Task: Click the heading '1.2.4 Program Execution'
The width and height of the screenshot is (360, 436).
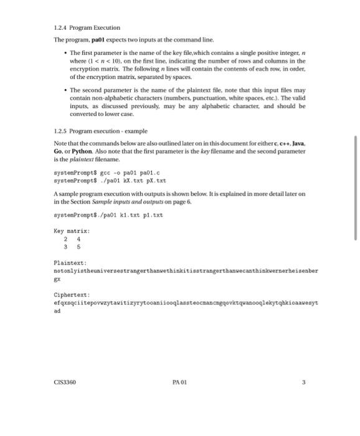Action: coord(87,27)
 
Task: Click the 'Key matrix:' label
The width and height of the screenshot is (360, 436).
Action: coord(72,231)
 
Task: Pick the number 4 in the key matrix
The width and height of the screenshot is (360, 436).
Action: coord(78,238)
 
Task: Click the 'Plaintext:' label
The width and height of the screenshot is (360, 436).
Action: coord(71,264)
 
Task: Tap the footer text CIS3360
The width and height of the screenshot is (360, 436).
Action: coord(65,384)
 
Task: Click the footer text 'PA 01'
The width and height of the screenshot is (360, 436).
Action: coord(179,384)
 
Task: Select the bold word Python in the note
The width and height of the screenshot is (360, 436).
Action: coord(83,151)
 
